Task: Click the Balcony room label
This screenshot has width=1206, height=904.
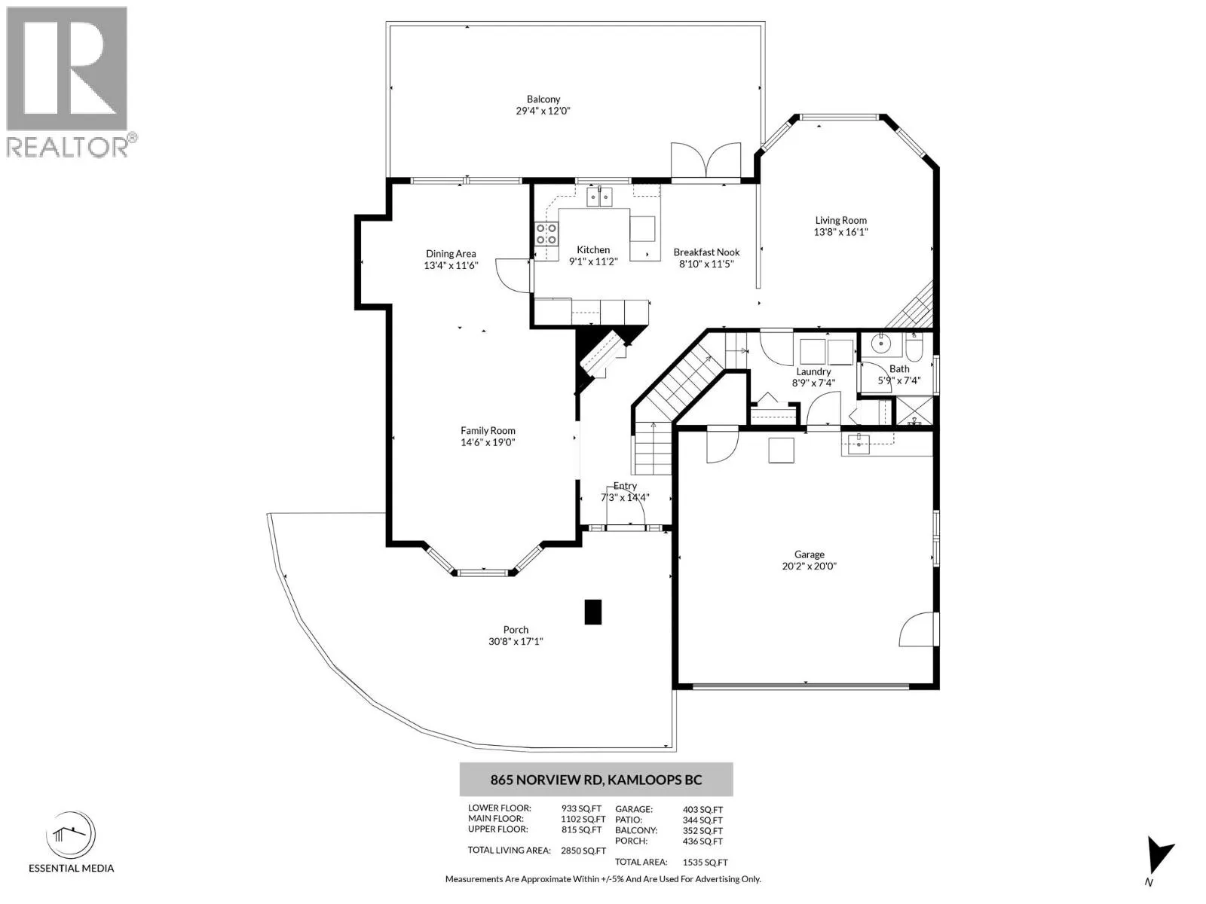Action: (x=543, y=99)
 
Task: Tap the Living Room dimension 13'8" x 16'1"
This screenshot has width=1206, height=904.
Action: (x=840, y=232)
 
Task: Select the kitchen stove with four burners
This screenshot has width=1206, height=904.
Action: (x=546, y=234)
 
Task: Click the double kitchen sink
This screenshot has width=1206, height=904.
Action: (x=599, y=197)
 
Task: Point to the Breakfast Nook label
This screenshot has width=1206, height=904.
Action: (x=706, y=252)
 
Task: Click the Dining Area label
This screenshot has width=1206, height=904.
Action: (x=451, y=254)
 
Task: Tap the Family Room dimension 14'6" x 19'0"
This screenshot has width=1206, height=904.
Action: (x=488, y=442)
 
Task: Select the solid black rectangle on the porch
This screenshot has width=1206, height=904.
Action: (x=593, y=612)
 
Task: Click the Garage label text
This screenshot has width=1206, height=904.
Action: (x=809, y=554)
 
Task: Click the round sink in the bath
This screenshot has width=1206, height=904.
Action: (x=881, y=344)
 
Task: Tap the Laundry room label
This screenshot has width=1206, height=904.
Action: (x=813, y=371)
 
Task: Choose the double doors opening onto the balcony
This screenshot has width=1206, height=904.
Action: (x=706, y=160)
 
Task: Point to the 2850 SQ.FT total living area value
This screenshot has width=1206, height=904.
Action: (x=583, y=851)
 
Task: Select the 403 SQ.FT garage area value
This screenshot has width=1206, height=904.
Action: (x=702, y=810)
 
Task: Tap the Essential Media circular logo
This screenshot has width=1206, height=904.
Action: (x=71, y=835)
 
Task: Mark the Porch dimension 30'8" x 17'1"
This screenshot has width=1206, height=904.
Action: (x=516, y=641)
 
